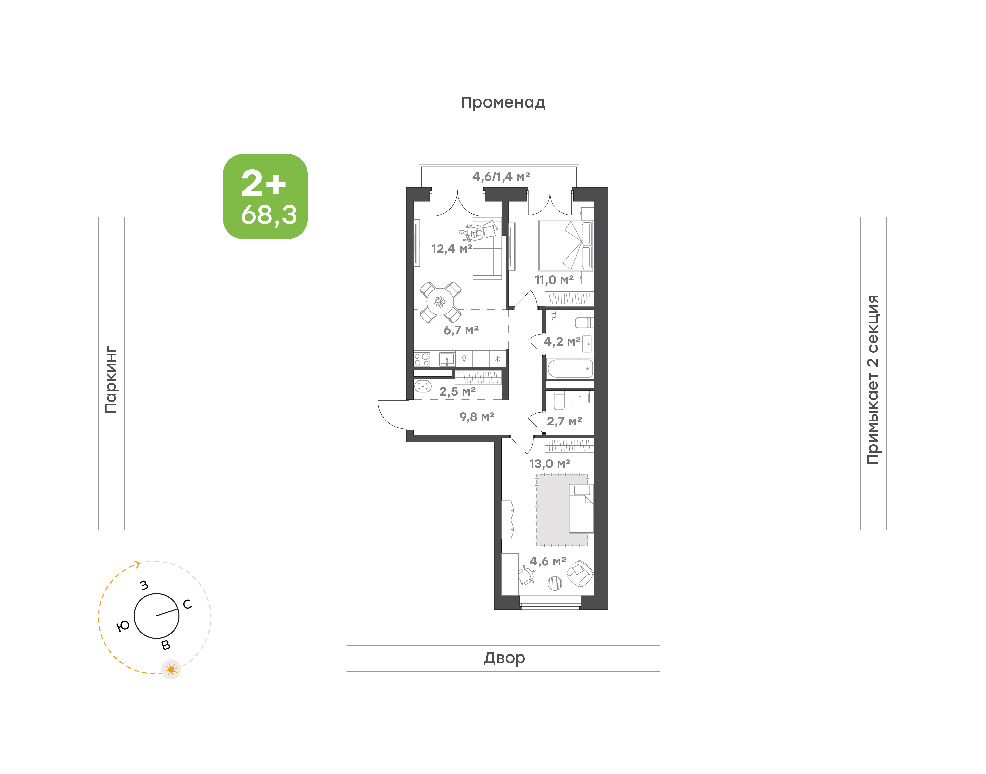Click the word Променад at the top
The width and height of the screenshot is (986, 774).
pos(503,103)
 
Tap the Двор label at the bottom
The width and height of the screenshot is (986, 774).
pos(504,658)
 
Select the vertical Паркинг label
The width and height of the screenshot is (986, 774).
pos(111,380)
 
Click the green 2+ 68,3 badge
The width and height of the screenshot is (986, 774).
pos(265,196)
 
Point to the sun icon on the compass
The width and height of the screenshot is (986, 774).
pos(171,669)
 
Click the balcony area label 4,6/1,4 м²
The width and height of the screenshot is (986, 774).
pos(501,176)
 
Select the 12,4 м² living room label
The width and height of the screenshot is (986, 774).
pos(452,248)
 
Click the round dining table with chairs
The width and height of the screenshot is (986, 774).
pos(440,301)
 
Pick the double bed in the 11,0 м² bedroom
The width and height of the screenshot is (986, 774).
pos(566,246)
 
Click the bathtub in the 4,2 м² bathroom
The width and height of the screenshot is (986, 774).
pos(570,369)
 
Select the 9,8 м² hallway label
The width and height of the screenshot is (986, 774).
pos(477,416)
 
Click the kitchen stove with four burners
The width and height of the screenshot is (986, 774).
pos(422,359)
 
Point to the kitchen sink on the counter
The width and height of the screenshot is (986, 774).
pos(447,359)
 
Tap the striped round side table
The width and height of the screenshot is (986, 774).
pos(555,583)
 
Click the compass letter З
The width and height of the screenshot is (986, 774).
pos(144,585)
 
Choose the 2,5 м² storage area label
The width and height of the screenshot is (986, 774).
pos(457,391)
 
